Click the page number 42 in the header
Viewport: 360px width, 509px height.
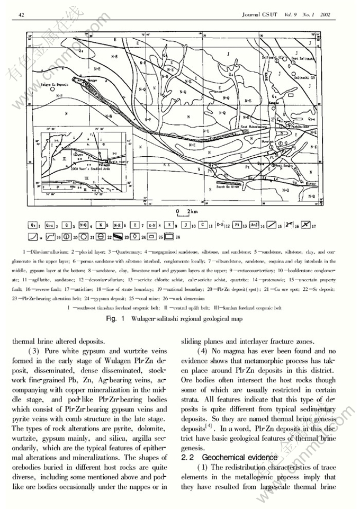point(22,14)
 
